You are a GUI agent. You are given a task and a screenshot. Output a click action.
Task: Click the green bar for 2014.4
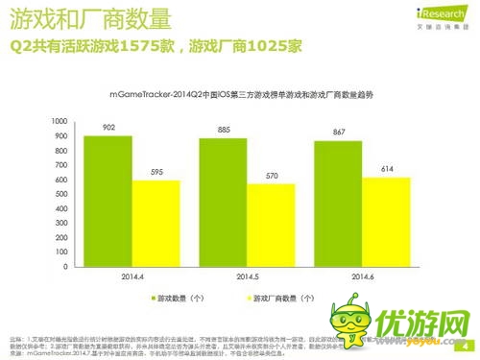[107, 202]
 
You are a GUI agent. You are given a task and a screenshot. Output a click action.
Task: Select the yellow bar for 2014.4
[155, 225]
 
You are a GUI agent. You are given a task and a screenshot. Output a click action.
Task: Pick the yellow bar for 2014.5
[271, 227]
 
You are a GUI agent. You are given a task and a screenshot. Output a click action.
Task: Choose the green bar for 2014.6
[339, 204]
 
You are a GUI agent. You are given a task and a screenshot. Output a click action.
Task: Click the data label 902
[107, 127]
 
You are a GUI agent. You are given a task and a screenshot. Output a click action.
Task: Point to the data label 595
[155, 172]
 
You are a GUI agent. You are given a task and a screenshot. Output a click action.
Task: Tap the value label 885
[223, 130]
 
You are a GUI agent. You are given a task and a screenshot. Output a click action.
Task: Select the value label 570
[271, 176]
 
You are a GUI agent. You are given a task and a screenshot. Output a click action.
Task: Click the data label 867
[339, 132]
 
